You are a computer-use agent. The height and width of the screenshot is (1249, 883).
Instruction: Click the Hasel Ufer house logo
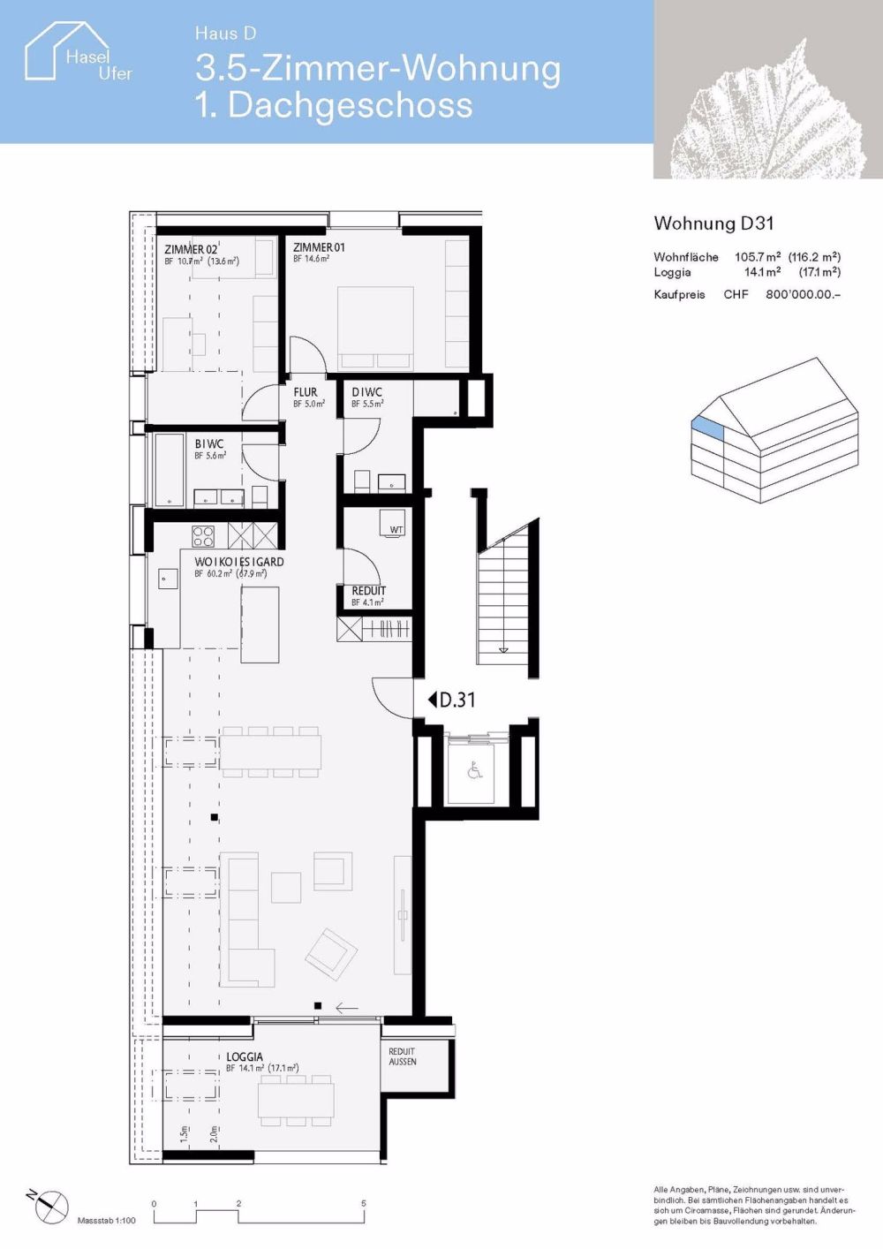point(78,54)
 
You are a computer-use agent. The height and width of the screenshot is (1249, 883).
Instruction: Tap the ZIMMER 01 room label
point(319,248)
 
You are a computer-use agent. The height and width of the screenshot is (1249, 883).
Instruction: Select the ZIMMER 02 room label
point(191,250)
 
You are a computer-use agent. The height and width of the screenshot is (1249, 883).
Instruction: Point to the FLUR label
point(306,392)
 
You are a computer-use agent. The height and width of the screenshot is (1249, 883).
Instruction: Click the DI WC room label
point(366,392)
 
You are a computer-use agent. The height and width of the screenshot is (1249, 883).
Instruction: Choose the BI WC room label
point(209,444)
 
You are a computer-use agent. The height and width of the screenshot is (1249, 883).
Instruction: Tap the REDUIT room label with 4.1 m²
point(368,591)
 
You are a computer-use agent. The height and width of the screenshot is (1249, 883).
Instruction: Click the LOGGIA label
point(245,1056)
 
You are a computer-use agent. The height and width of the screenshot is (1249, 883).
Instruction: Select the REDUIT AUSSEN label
point(403,1056)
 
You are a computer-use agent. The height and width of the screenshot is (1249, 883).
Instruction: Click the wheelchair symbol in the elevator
point(475,771)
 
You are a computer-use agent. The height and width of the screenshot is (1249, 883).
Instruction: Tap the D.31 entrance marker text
point(457,700)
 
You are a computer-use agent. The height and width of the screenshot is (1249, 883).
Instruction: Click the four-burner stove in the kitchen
point(203,536)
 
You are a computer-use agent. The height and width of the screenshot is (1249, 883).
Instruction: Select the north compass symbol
point(51,1204)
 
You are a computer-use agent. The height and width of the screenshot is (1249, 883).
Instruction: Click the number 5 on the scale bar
point(363,1203)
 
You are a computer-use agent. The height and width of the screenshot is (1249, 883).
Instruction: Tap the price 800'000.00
point(803,295)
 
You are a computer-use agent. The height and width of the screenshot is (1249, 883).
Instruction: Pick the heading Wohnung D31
point(713,224)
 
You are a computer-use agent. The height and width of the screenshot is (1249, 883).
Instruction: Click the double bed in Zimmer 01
point(377,327)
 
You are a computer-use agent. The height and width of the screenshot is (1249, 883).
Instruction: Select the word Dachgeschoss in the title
point(351,105)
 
